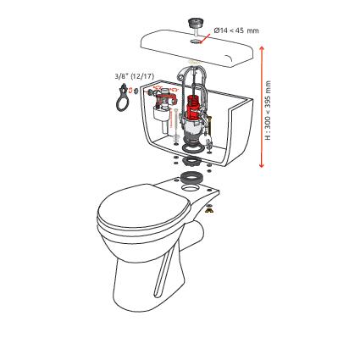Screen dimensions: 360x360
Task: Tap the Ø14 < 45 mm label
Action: tap(236, 30)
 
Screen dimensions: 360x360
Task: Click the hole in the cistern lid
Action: tap(195, 42)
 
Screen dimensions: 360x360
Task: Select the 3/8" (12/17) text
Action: tap(134, 76)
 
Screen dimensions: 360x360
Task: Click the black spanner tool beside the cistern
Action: tap(122, 97)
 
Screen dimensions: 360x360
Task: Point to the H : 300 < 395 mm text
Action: tap(268, 110)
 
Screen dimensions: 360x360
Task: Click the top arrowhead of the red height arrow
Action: tap(262, 48)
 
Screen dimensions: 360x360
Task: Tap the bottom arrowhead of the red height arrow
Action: tap(262, 164)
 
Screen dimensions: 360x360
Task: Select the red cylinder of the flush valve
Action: tap(193, 108)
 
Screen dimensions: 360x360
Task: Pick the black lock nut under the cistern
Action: tap(191, 162)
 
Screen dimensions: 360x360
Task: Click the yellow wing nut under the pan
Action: tap(208, 210)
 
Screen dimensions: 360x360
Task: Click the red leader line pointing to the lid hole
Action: tap(205, 38)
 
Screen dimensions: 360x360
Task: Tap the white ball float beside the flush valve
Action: tap(208, 138)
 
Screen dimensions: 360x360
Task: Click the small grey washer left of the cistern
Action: tap(136, 91)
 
